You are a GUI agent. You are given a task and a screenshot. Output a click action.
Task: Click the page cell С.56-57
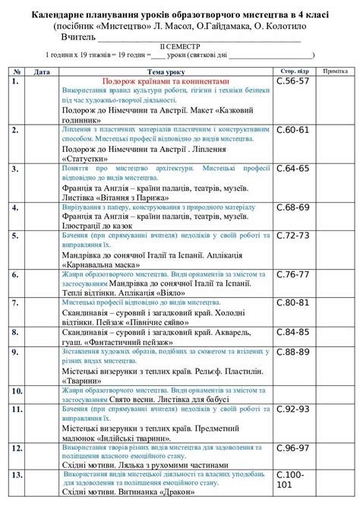point(292,80)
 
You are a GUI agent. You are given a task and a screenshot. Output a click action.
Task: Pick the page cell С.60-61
point(292,130)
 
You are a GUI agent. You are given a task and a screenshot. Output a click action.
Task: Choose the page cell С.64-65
point(292,168)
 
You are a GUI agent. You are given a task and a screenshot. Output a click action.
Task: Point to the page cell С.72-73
point(292,236)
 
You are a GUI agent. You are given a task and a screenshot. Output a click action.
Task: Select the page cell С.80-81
point(292,302)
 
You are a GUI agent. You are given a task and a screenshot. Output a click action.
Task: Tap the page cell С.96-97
point(292,447)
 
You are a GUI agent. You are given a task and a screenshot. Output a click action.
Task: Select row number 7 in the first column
point(15,302)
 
